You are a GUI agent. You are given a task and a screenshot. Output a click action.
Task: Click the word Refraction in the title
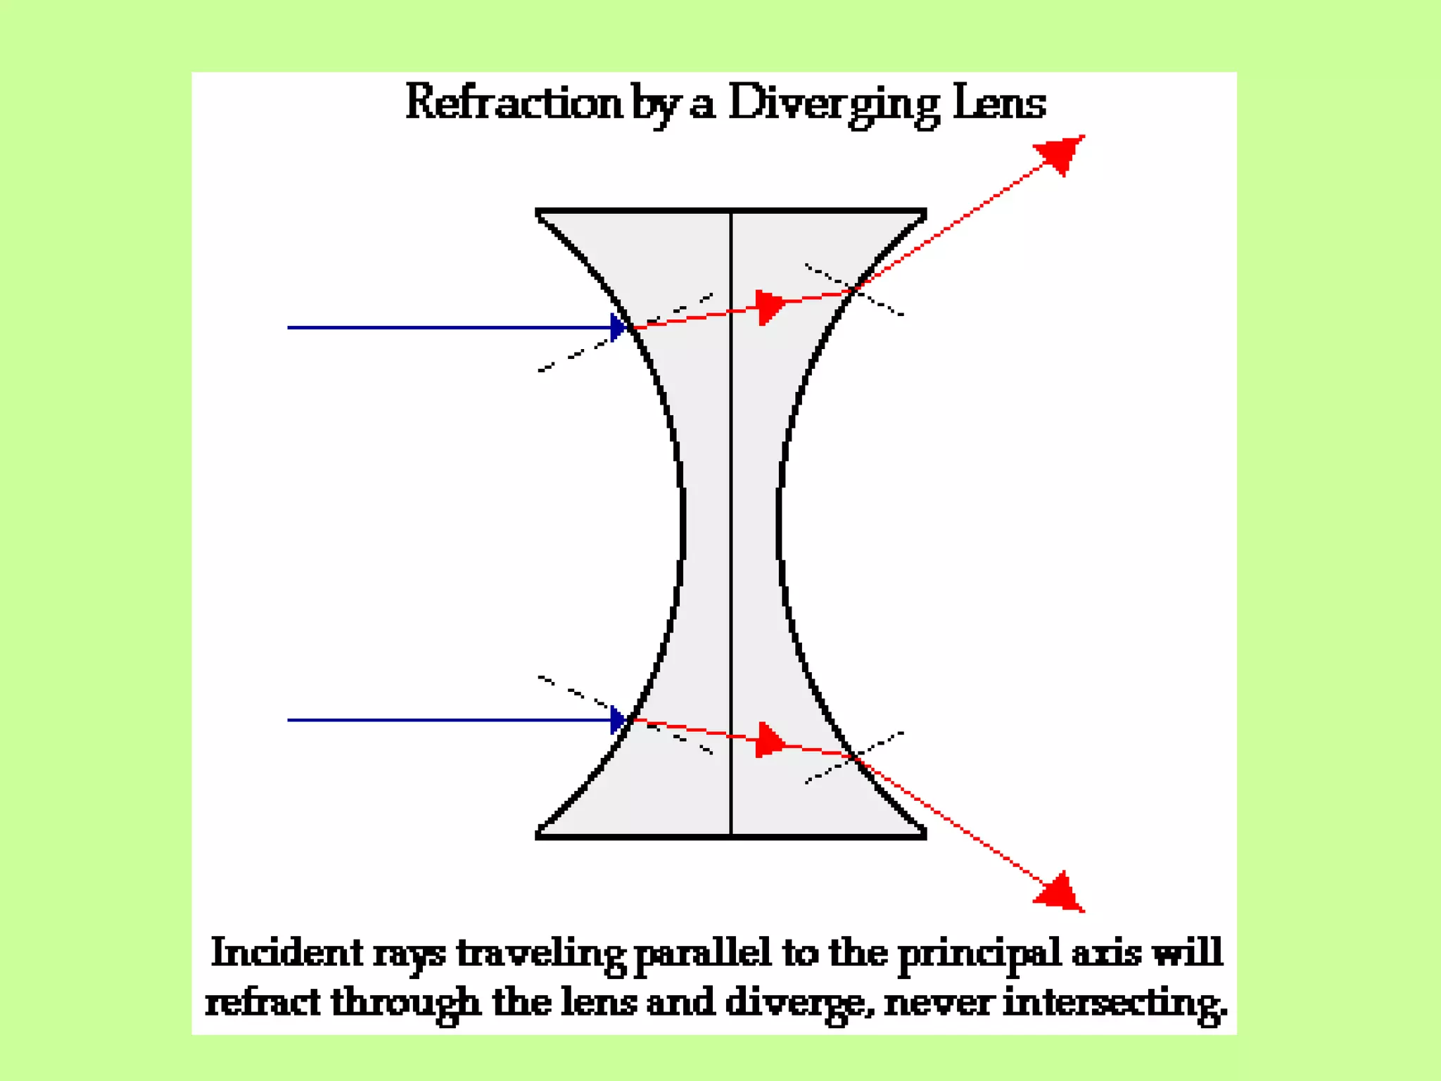pyautogui.click(x=514, y=103)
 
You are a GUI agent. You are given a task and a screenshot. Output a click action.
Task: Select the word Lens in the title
pyautogui.click(x=999, y=103)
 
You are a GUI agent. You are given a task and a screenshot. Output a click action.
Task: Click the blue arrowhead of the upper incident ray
pyautogui.click(x=618, y=327)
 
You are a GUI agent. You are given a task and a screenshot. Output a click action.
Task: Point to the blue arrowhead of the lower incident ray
pyautogui.click(x=618, y=720)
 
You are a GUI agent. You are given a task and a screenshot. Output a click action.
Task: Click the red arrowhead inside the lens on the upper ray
pyautogui.click(x=770, y=307)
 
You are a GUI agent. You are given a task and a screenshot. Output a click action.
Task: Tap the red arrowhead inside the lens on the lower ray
pyautogui.click(x=770, y=741)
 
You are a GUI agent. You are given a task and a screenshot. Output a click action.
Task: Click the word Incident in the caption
pyautogui.click(x=286, y=953)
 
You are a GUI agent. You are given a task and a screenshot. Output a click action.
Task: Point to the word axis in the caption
pyautogui.click(x=1105, y=953)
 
